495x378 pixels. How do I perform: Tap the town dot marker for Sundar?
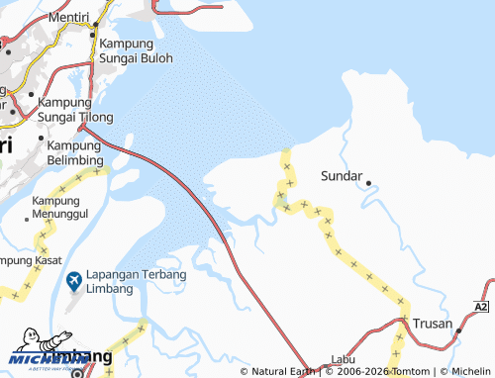pos(368,183)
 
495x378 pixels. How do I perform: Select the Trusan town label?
pos(433,325)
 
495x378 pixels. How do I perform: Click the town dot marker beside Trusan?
pos(459,331)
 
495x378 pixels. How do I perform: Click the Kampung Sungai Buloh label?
pos(136,50)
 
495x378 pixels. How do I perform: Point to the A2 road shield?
pos(483,309)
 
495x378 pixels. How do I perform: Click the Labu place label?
pos(343,360)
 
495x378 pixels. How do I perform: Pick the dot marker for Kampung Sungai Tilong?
pos(31,101)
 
